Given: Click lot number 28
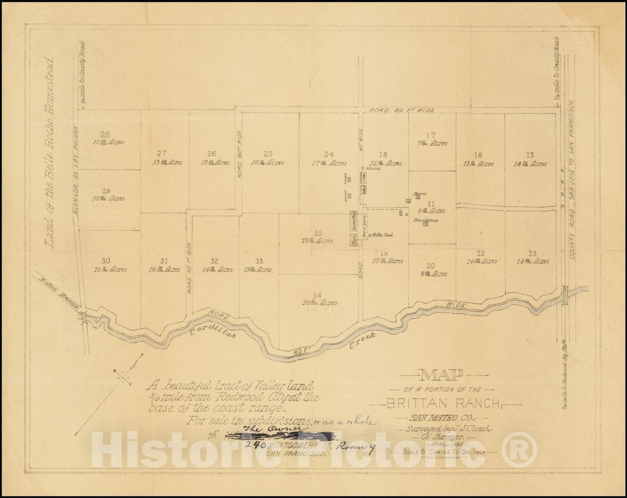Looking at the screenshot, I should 105,134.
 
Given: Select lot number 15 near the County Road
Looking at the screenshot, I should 529,155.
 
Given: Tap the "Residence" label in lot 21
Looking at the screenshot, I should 426,221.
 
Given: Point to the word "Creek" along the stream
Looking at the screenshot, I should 363,340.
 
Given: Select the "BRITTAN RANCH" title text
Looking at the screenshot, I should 446,402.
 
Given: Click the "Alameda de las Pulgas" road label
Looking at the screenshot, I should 75,174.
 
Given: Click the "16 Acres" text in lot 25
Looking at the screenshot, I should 268,163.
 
